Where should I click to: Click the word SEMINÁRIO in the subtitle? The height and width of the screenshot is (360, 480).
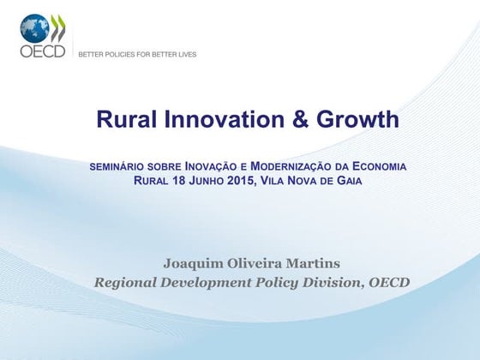click(117, 165)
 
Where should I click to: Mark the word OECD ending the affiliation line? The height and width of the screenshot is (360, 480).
click(390, 282)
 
